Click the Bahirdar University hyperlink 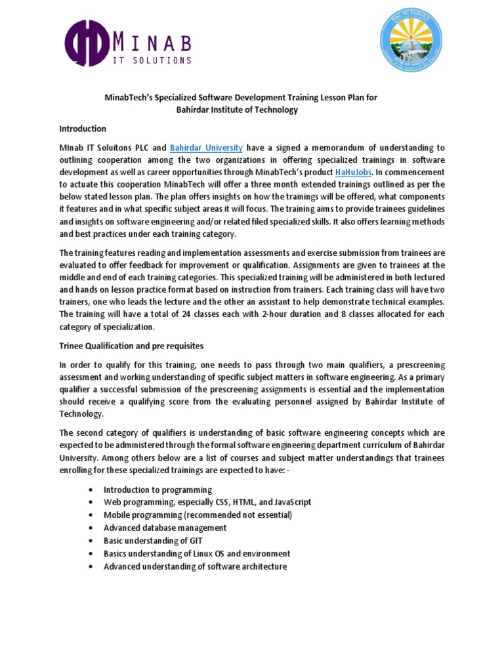coord(207,148)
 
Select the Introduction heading coord(83,129)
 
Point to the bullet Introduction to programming coord(157,490)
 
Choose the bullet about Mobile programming coord(198,515)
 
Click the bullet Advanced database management coord(165,528)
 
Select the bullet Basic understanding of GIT coord(153,541)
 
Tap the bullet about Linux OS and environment coord(197,553)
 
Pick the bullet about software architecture coord(195,566)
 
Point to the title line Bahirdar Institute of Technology coord(237,110)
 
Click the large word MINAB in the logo coord(152,43)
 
